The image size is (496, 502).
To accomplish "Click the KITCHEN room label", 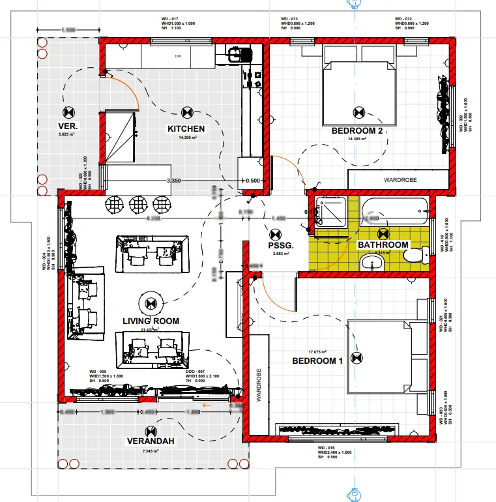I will click(x=186, y=129).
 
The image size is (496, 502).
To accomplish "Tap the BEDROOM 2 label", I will click(x=357, y=130).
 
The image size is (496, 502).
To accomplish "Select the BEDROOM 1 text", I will click(x=317, y=361).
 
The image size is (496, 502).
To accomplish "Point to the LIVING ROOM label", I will click(x=151, y=321).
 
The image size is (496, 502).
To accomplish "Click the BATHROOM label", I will click(x=383, y=245).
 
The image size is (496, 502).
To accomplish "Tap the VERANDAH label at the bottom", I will click(x=151, y=441).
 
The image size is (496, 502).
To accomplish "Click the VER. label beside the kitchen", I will click(x=68, y=125).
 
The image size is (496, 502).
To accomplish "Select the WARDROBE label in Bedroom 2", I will click(x=400, y=179).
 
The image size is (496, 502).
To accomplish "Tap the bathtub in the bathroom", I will click(x=395, y=211).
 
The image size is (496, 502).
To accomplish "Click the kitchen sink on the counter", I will click(x=241, y=53).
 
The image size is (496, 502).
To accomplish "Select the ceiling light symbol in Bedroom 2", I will click(x=357, y=111).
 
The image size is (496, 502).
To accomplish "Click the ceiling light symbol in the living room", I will click(x=151, y=303).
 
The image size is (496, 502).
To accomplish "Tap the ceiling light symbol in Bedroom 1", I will click(x=357, y=357).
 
